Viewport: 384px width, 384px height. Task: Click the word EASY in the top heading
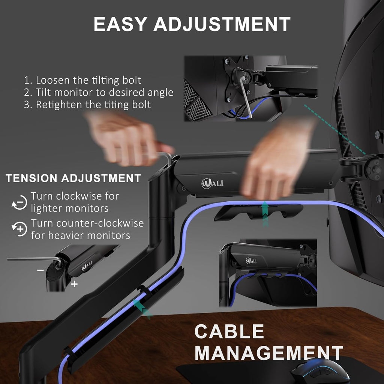(x=120, y=24)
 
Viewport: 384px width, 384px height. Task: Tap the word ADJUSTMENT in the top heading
(x=222, y=24)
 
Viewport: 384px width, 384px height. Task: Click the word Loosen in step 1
(x=52, y=80)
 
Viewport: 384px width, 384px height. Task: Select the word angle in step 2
(x=160, y=93)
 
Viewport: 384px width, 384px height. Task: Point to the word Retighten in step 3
(x=59, y=105)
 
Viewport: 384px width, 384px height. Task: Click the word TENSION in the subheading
(x=31, y=178)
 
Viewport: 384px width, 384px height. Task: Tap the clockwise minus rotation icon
(x=19, y=202)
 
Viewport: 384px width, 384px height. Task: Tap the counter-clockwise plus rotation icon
(x=19, y=229)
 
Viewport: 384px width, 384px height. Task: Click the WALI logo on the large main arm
(x=212, y=183)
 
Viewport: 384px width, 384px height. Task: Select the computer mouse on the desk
(x=319, y=372)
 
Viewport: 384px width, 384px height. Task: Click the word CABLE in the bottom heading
(x=229, y=331)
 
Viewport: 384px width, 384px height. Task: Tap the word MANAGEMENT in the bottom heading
(x=268, y=353)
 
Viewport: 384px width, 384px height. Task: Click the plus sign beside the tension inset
(x=74, y=284)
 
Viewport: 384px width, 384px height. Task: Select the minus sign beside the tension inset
(x=40, y=270)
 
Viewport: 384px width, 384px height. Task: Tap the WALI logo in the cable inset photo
(x=251, y=261)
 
